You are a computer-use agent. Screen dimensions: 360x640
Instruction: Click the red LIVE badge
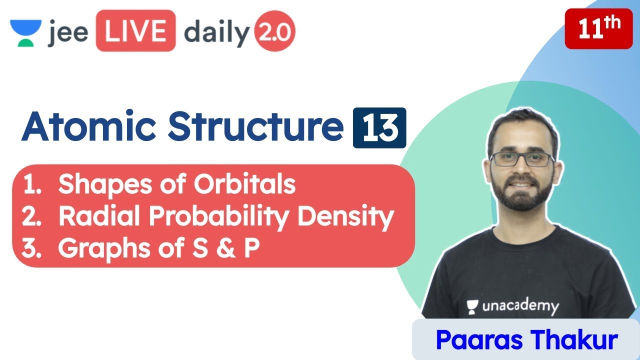(135, 31)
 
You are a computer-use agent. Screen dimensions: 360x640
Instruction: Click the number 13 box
(379, 128)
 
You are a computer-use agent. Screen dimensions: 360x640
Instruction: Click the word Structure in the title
(255, 127)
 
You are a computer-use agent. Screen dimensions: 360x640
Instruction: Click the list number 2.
(31, 217)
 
